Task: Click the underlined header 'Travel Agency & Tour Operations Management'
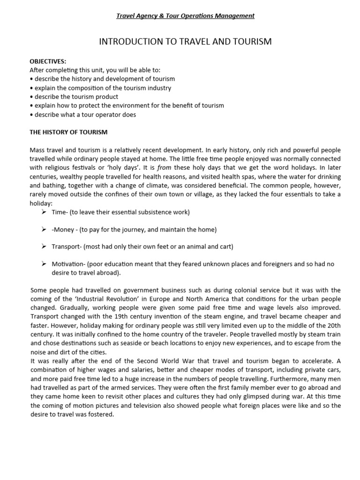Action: (x=185, y=16)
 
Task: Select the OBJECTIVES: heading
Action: (x=48, y=61)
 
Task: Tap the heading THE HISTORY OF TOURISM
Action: (x=68, y=132)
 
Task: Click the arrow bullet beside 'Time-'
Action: (x=44, y=212)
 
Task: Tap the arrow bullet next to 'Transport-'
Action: (x=44, y=247)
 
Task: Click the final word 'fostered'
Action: (x=101, y=414)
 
